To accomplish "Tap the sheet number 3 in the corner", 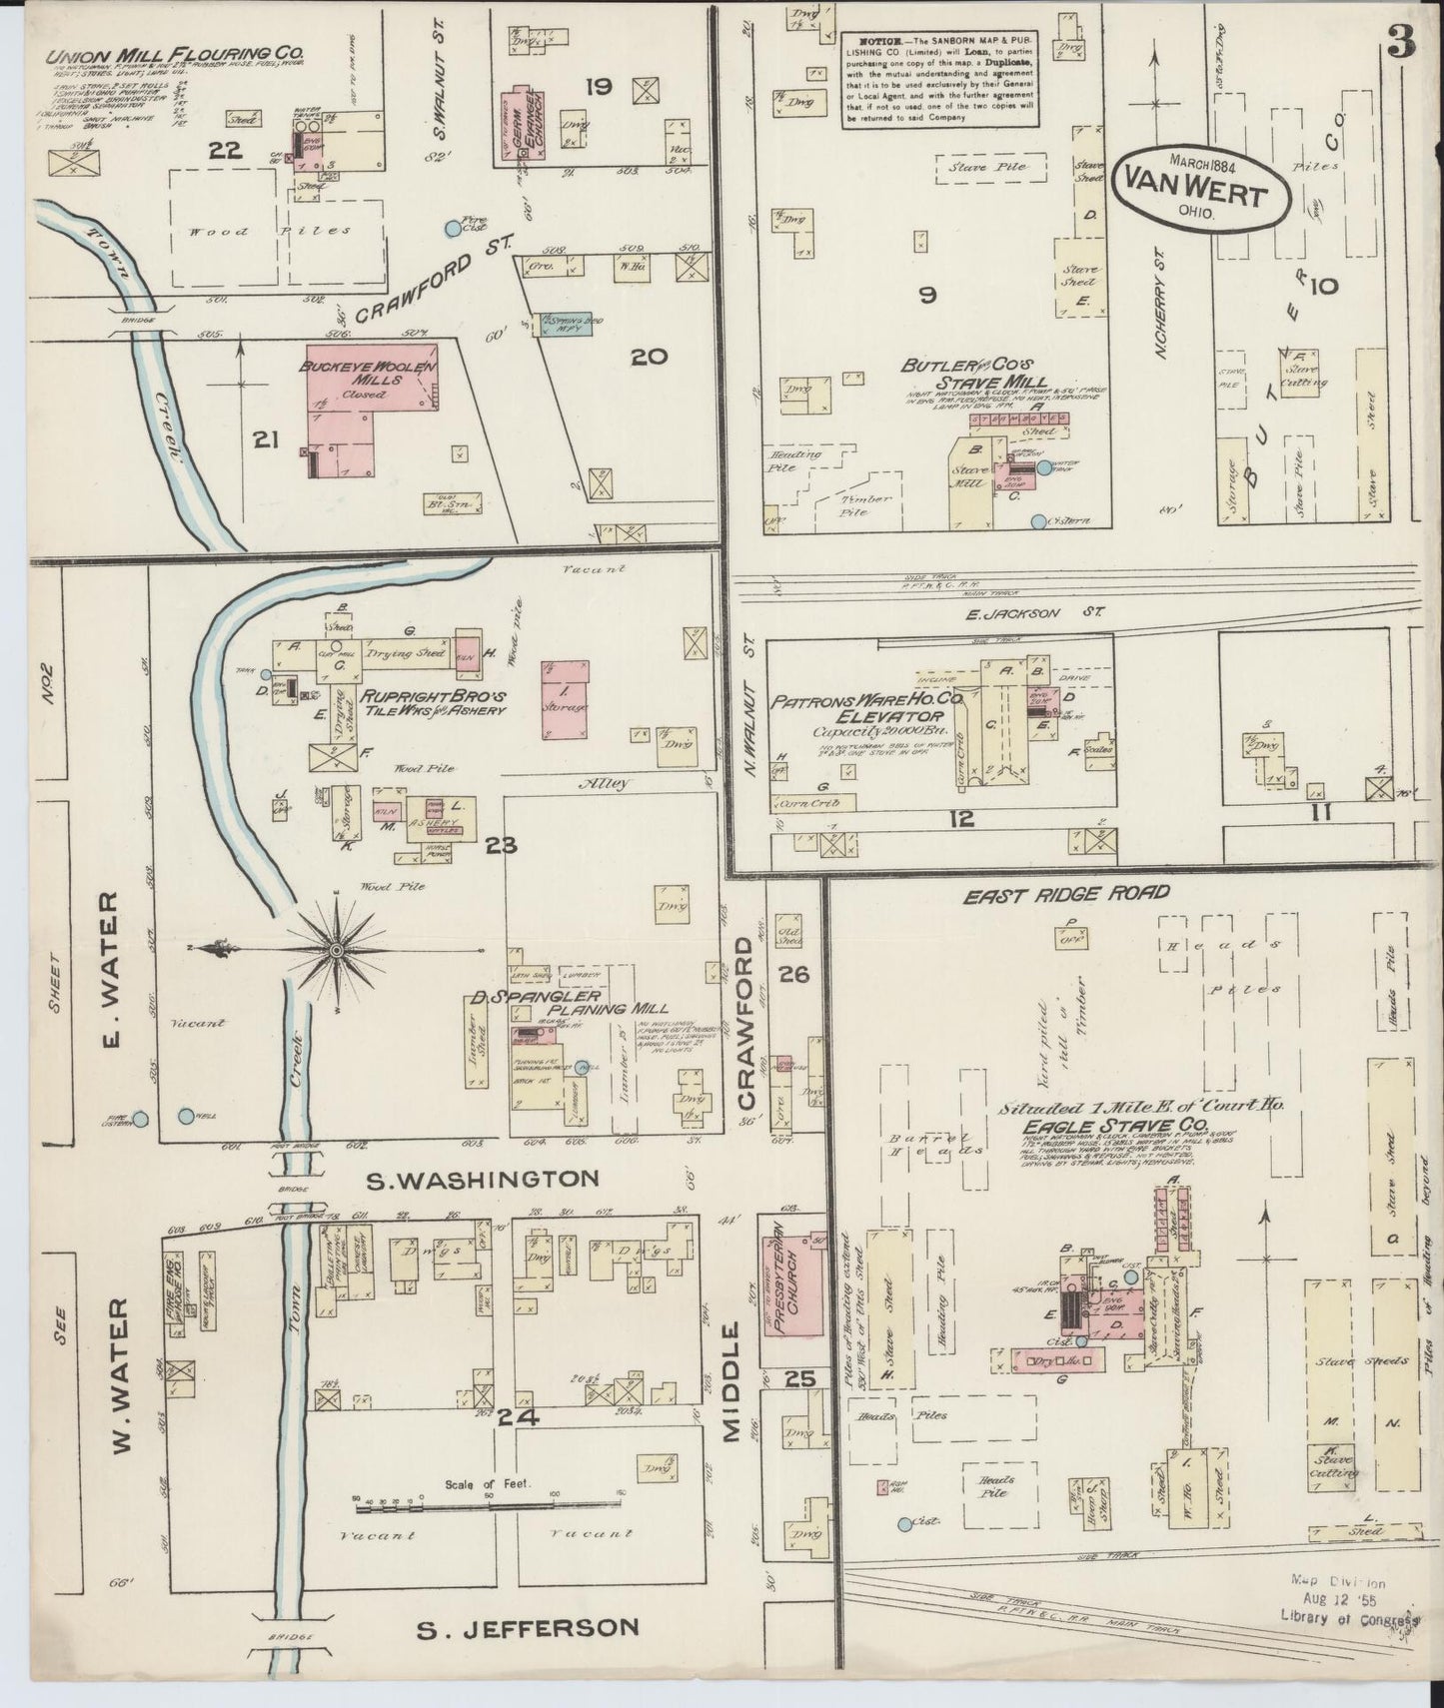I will coord(1405,44).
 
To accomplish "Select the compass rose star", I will coord(337,947).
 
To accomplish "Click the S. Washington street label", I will coord(483,1180).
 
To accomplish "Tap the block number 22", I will coord(227,152).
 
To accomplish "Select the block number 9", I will coord(927,295).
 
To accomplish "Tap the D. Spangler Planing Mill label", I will coord(569,1003).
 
